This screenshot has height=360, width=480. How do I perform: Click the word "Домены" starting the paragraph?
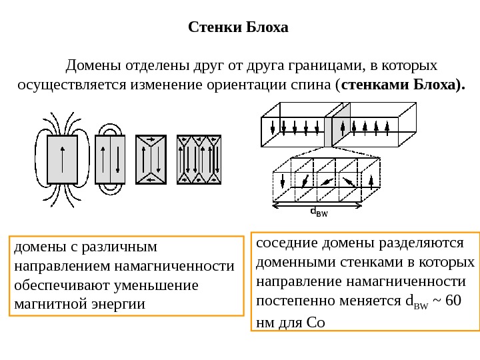click(89, 65)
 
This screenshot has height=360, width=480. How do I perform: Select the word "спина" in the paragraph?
click(312, 85)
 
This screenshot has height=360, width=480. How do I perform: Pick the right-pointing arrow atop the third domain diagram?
click(152, 140)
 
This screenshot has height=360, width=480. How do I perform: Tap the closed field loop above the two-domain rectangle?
click(110, 129)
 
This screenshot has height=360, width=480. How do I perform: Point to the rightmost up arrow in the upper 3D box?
click(387, 126)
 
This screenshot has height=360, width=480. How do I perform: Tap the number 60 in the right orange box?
click(453, 298)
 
